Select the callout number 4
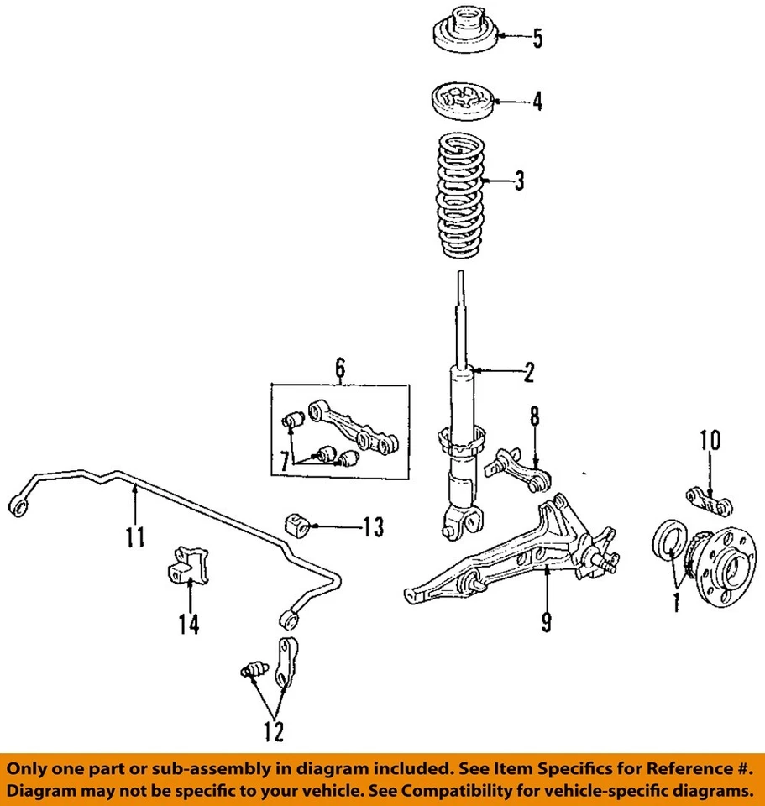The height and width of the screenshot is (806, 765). point(537,102)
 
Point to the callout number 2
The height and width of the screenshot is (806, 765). point(528,372)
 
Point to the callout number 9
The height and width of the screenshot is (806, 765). point(546,621)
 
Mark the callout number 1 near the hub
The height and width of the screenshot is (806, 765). point(673,602)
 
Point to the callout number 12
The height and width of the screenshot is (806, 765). point(272,730)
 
